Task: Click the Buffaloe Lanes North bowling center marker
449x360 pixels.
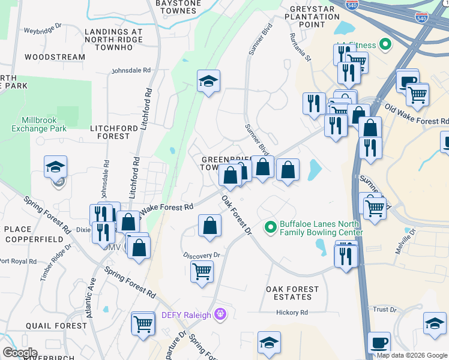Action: (x=271, y=227)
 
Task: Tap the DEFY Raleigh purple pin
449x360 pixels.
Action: (x=220, y=314)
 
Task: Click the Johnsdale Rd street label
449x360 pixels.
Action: (x=131, y=70)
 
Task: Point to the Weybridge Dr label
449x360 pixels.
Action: (x=42, y=29)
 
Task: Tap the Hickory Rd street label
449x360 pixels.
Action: (x=292, y=313)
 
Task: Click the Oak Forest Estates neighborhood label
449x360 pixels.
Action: (x=292, y=293)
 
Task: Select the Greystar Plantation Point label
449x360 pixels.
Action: (x=315, y=17)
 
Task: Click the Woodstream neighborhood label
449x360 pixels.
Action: (x=55, y=57)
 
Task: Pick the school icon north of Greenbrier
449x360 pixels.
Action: (x=208, y=82)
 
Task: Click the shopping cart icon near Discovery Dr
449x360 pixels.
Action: (x=202, y=271)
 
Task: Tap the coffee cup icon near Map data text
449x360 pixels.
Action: (x=378, y=343)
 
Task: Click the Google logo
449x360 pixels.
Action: (x=20, y=353)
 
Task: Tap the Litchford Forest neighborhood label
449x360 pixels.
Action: (x=110, y=132)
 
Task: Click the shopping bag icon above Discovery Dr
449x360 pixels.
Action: (x=210, y=226)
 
